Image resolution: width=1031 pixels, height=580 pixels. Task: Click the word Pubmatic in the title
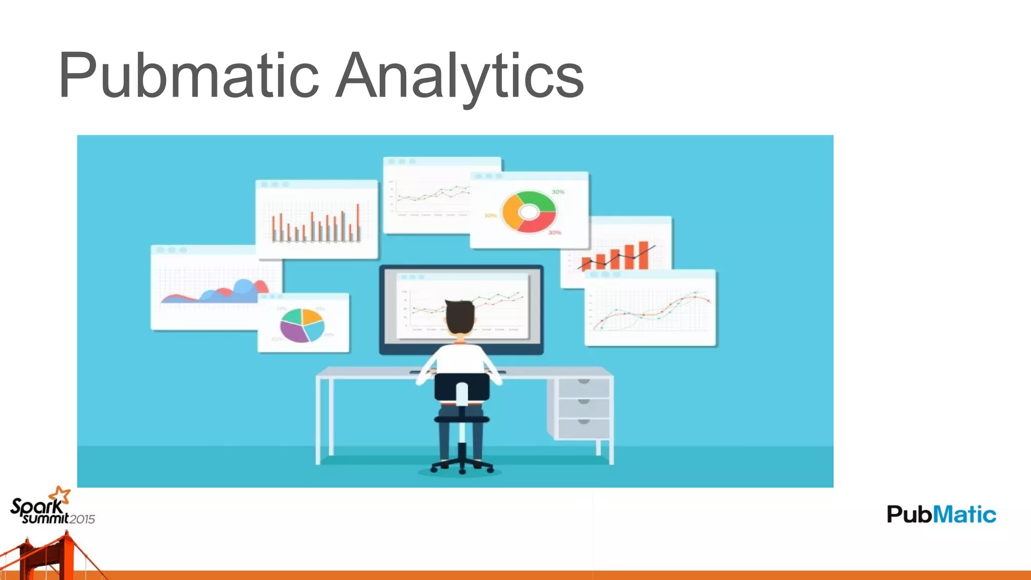(188, 76)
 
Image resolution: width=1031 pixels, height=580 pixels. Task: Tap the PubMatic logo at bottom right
(941, 514)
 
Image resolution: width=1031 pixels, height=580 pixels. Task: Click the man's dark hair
(460, 315)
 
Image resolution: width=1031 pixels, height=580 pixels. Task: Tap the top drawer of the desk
(583, 387)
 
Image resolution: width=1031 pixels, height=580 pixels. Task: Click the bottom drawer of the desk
(583, 427)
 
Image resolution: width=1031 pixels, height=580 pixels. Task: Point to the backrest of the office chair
(462, 386)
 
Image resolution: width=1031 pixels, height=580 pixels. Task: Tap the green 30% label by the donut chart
(558, 192)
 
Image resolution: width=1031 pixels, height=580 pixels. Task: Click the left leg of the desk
(319, 420)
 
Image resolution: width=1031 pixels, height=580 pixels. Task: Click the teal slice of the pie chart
(291, 317)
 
